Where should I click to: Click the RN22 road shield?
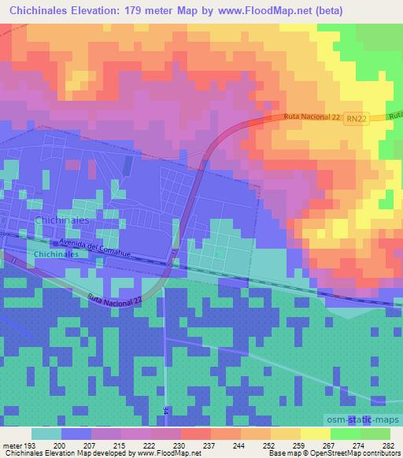point(356,119)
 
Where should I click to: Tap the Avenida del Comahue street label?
point(92,248)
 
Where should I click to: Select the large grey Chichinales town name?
point(62,221)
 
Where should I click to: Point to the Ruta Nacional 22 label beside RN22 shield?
point(312,118)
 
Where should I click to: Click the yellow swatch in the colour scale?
point(315,433)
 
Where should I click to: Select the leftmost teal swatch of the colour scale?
point(46,433)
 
